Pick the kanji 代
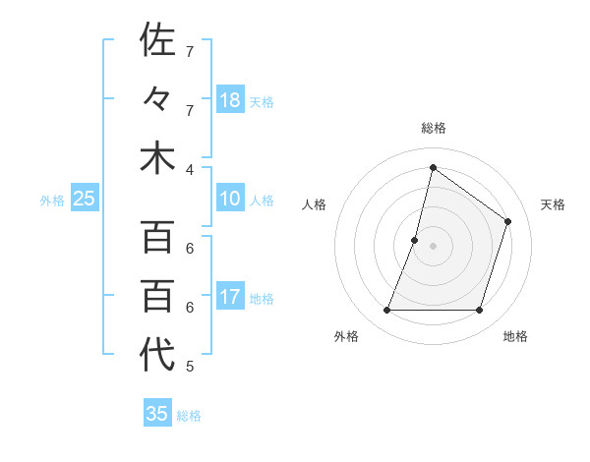pos(157,355)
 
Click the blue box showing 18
pos(230,100)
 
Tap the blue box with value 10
pos(230,200)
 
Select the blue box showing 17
pos(230,298)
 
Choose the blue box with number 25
pos(84,200)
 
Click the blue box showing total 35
pos(157,414)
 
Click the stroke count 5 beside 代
pos(190,367)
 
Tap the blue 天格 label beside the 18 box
pos(262,101)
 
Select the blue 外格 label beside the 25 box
pos(52,201)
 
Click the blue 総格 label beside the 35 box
pos(189,415)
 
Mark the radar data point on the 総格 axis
pos(433,167)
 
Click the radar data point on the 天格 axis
pos(508,221)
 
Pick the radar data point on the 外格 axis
pos(386,311)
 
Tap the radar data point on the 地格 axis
pos(480,311)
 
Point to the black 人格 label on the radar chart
pos(314,204)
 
